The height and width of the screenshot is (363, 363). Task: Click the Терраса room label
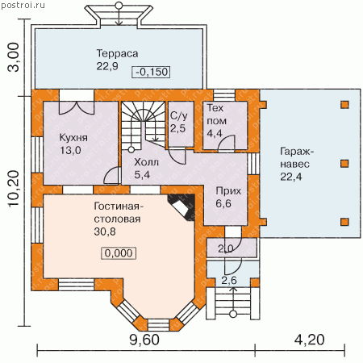(117, 53)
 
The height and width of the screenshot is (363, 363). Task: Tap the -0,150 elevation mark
(152, 72)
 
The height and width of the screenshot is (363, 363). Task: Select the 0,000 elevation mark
(119, 253)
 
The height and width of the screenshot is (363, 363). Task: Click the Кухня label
(73, 138)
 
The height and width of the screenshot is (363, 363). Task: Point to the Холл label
(146, 162)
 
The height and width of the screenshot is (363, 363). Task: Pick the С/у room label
(179, 115)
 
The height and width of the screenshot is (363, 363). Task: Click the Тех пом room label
(216, 115)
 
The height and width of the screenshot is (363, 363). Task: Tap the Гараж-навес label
(297, 157)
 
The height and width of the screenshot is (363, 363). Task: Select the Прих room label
(228, 191)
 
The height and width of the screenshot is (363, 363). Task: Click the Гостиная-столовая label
(119, 213)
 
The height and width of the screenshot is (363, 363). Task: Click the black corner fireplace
(181, 207)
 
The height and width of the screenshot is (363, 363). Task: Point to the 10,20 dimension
(14, 189)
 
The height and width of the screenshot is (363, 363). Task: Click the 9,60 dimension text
(144, 340)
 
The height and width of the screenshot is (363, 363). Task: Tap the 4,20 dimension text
(309, 340)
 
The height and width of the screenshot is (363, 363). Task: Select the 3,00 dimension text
(14, 57)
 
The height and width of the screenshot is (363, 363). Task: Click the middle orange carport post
(344, 164)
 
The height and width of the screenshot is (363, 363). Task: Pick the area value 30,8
(105, 232)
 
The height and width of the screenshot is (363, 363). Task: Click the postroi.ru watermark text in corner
(23, 6)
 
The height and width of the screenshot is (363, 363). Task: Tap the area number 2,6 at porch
(229, 281)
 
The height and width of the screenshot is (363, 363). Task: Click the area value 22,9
(107, 66)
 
